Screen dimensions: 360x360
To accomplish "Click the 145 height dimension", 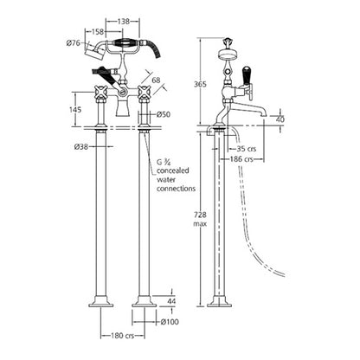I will coord(76,109).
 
